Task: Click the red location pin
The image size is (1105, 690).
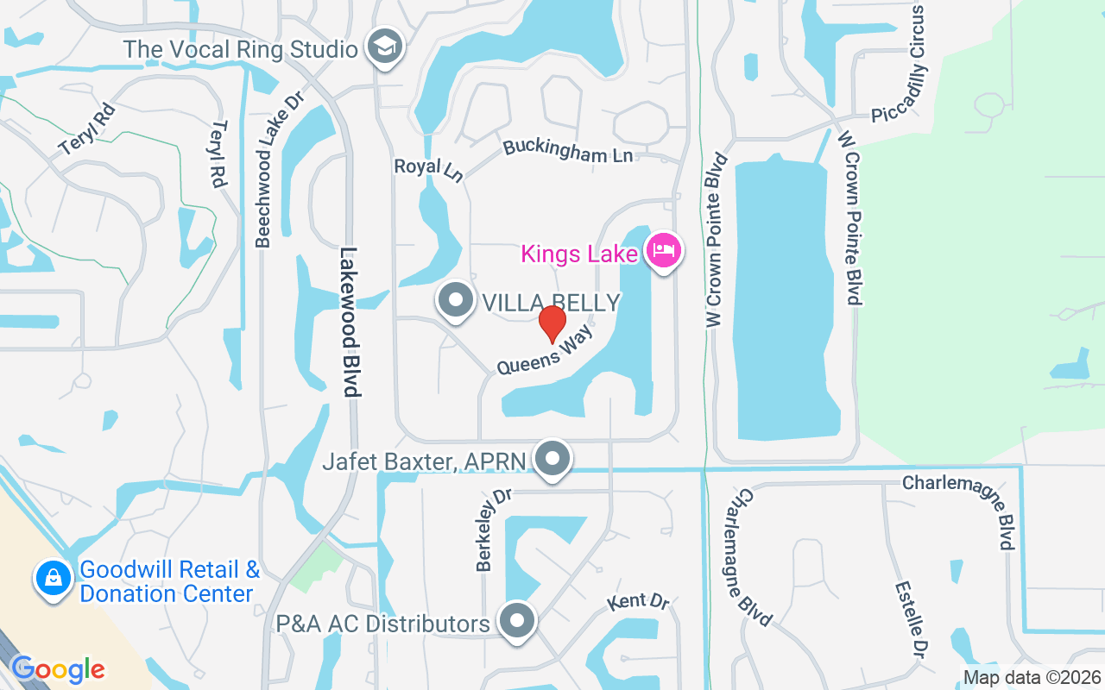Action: click(x=552, y=324)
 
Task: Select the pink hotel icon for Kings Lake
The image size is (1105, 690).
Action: click(x=664, y=252)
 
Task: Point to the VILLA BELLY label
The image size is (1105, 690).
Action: click(x=551, y=303)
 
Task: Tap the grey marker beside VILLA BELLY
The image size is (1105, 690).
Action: click(x=456, y=301)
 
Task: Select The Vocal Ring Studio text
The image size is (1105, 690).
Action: click(x=240, y=49)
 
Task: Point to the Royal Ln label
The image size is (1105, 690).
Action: click(x=428, y=168)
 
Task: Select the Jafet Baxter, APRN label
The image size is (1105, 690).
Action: click(x=424, y=461)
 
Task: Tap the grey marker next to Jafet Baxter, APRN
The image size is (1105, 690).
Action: click(x=552, y=460)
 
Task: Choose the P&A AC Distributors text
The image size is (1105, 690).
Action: click(x=382, y=624)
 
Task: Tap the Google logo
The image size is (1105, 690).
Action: click(x=58, y=669)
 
